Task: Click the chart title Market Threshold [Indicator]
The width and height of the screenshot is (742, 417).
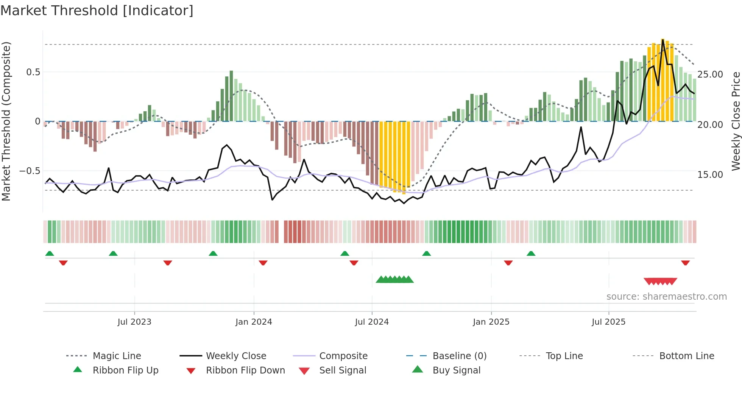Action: point(97,11)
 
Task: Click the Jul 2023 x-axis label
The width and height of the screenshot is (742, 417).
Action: point(134,322)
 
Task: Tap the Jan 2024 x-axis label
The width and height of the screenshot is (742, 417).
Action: point(254,322)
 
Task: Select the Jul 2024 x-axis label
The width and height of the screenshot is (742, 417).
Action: point(372,322)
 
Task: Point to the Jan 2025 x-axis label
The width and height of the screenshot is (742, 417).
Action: point(491,322)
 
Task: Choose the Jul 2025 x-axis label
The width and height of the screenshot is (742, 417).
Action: point(608,322)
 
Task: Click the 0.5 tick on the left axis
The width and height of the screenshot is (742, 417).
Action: point(33,72)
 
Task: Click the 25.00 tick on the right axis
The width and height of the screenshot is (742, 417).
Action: point(710,75)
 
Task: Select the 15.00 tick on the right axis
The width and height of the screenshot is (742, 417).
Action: point(710,175)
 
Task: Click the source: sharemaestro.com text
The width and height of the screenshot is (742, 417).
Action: point(666,297)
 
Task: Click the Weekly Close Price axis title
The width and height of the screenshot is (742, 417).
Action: point(736,121)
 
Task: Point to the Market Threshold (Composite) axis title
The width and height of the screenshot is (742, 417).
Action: point(6,121)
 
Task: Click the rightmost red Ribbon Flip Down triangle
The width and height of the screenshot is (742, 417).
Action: point(685,263)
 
